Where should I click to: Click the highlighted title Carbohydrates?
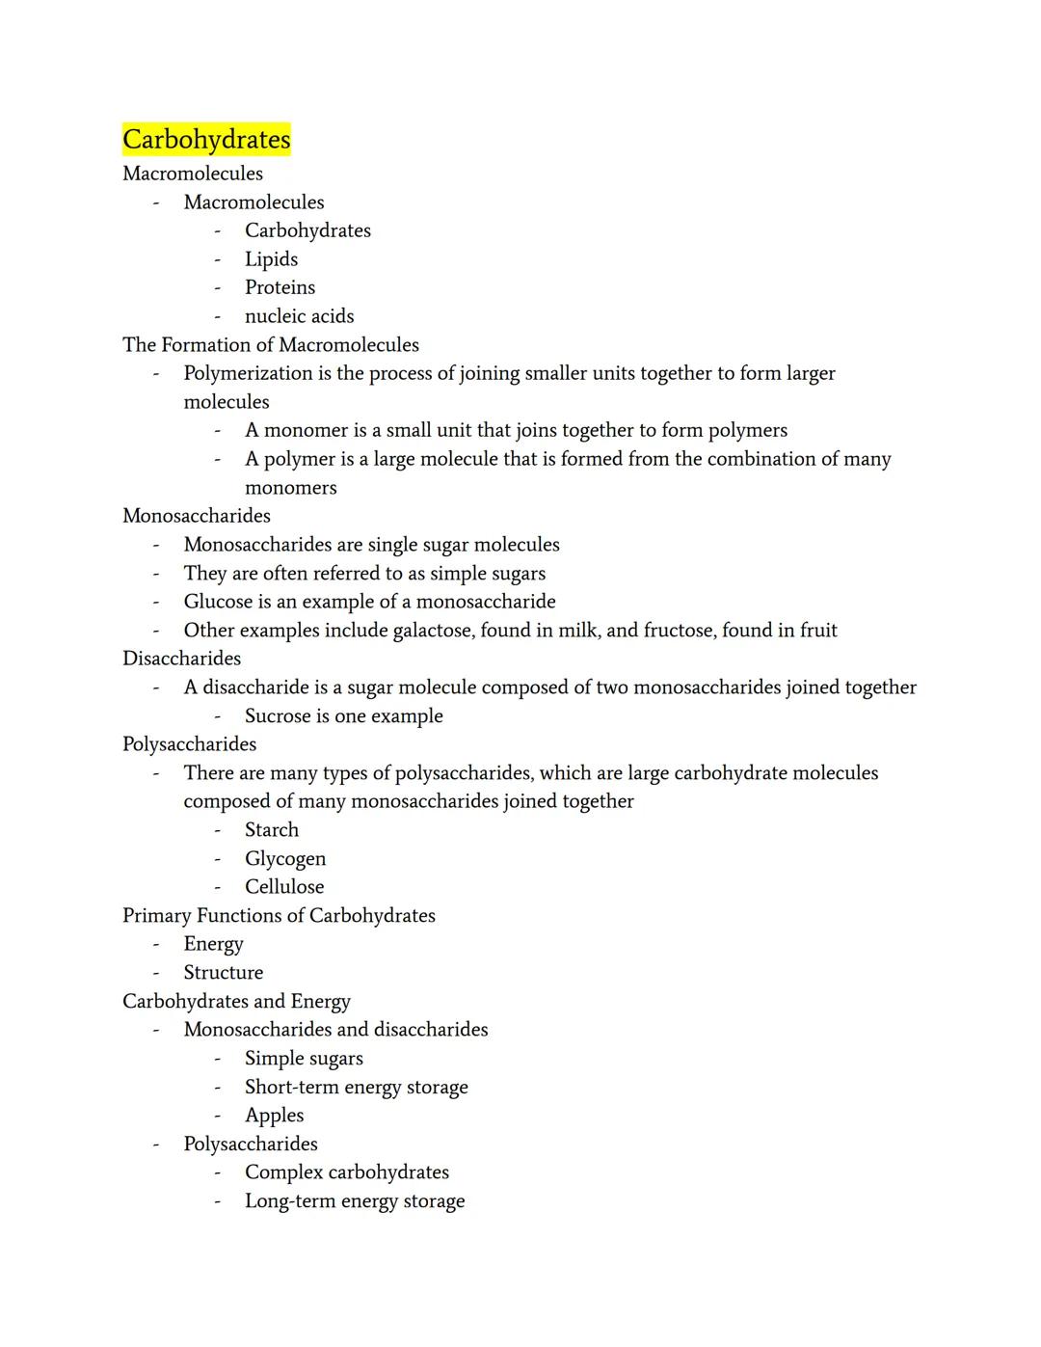(206, 140)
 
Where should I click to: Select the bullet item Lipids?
(271, 259)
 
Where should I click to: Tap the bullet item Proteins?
(280, 287)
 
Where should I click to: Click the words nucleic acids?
(299, 316)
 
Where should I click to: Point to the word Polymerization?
(248, 373)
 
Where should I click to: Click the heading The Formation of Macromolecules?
(271, 345)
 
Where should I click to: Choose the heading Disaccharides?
(181, 659)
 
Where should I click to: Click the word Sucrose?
(277, 716)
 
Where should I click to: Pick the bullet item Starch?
(272, 830)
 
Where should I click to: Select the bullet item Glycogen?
(285, 859)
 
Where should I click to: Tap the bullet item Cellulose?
(284, 887)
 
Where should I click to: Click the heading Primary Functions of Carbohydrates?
(279, 916)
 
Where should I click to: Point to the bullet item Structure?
(224, 973)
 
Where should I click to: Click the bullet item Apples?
(274, 1116)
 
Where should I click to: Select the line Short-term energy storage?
(356, 1088)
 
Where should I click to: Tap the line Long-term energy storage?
(355, 1201)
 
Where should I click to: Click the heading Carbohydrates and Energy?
(236, 1002)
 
